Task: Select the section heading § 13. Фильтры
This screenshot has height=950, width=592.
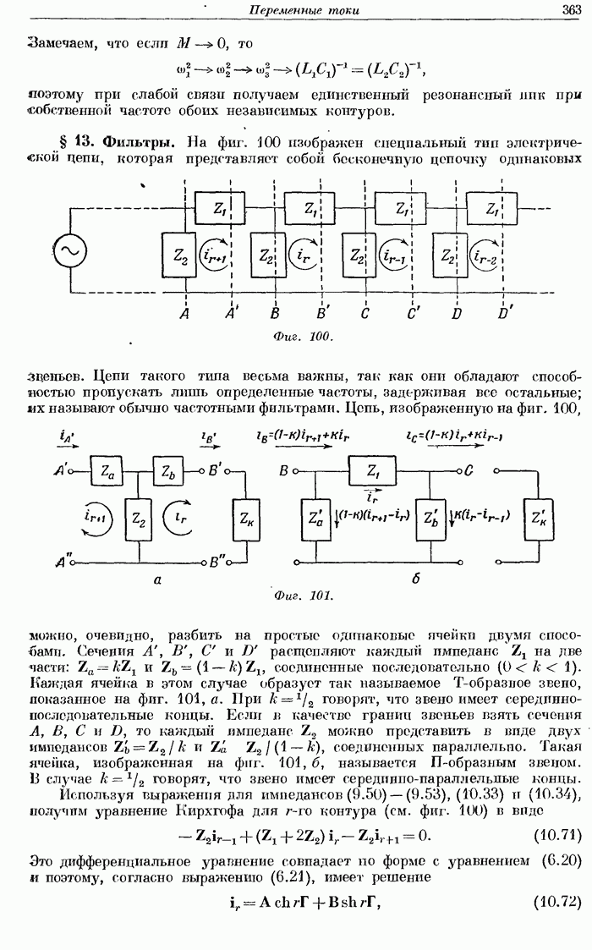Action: tap(121, 141)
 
